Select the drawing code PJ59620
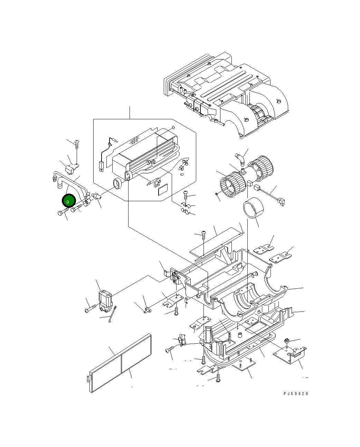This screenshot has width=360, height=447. (295, 394)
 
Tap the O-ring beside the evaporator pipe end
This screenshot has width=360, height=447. (117, 184)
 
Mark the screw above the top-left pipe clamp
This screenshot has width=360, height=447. (77, 142)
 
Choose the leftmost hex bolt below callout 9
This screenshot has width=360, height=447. (62, 213)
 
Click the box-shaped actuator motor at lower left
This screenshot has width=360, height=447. (105, 299)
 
